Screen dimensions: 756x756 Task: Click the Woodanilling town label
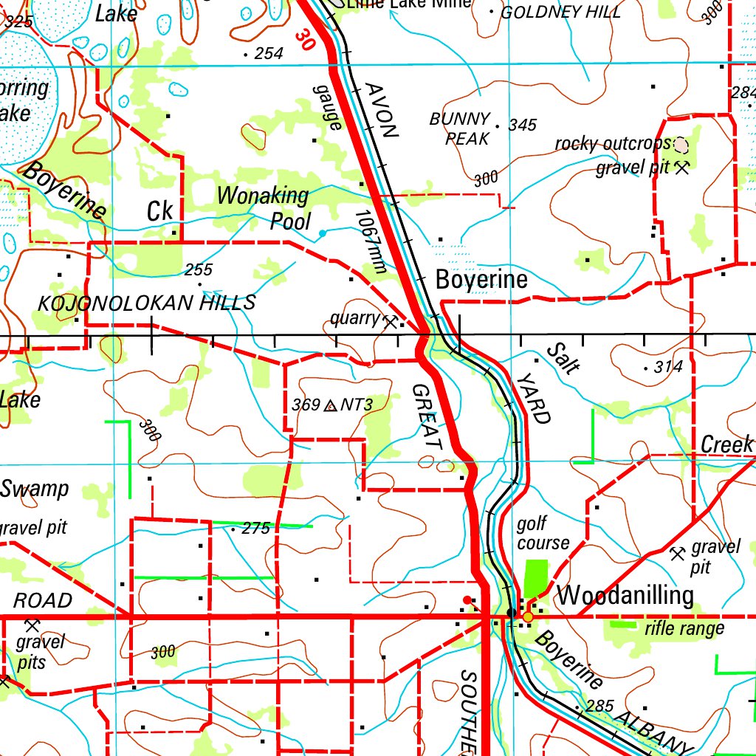(625, 595)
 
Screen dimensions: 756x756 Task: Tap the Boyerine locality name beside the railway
(481, 280)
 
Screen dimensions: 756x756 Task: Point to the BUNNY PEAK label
(461, 128)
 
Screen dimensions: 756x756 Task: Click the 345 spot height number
(522, 126)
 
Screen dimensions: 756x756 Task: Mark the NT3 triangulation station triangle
(330, 405)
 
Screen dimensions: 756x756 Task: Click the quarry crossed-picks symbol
(390, 320)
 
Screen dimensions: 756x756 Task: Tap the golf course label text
(542, 534)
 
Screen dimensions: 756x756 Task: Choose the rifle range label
(684, 628)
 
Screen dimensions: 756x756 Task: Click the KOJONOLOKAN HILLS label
(146, 303)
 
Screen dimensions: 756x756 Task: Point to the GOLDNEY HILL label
(560, 12)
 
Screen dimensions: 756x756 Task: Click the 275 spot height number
(256, 529)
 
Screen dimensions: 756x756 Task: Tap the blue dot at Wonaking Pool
(322, 233)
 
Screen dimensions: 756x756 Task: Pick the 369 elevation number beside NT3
(306, 405)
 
